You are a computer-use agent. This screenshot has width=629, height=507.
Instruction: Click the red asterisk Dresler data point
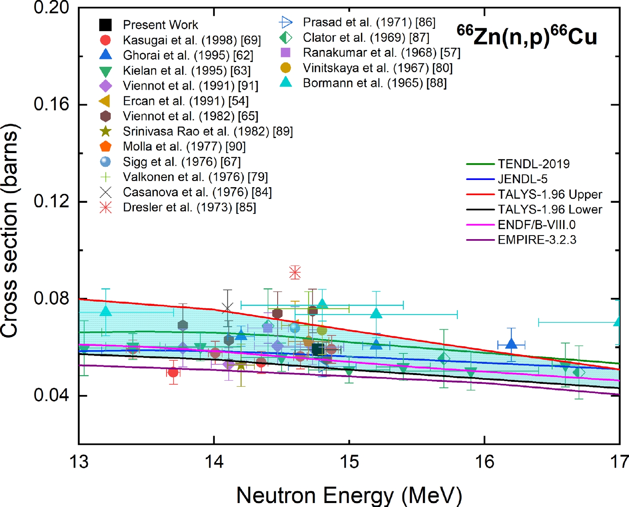click(295, 272)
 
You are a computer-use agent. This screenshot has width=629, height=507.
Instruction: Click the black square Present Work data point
click(318, 349)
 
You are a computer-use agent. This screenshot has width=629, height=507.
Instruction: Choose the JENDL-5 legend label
click(522, 179)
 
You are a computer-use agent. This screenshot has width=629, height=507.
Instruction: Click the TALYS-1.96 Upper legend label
click(550, 194)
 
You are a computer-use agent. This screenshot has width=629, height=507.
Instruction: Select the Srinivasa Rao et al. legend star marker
click(105, 131)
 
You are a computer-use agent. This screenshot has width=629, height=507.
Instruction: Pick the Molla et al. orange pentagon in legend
click(105, 146)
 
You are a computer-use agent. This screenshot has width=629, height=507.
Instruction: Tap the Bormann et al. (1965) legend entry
click(375, 83)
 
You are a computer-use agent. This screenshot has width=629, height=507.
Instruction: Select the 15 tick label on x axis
click(349, 462)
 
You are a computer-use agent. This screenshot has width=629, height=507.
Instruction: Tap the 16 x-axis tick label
click(484, 462)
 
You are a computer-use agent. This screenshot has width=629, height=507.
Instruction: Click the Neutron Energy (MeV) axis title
click(349, 495)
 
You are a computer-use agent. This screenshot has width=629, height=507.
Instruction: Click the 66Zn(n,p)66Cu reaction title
click(527, 36)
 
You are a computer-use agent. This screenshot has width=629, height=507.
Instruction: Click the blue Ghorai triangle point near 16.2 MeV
click(511, 344)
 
